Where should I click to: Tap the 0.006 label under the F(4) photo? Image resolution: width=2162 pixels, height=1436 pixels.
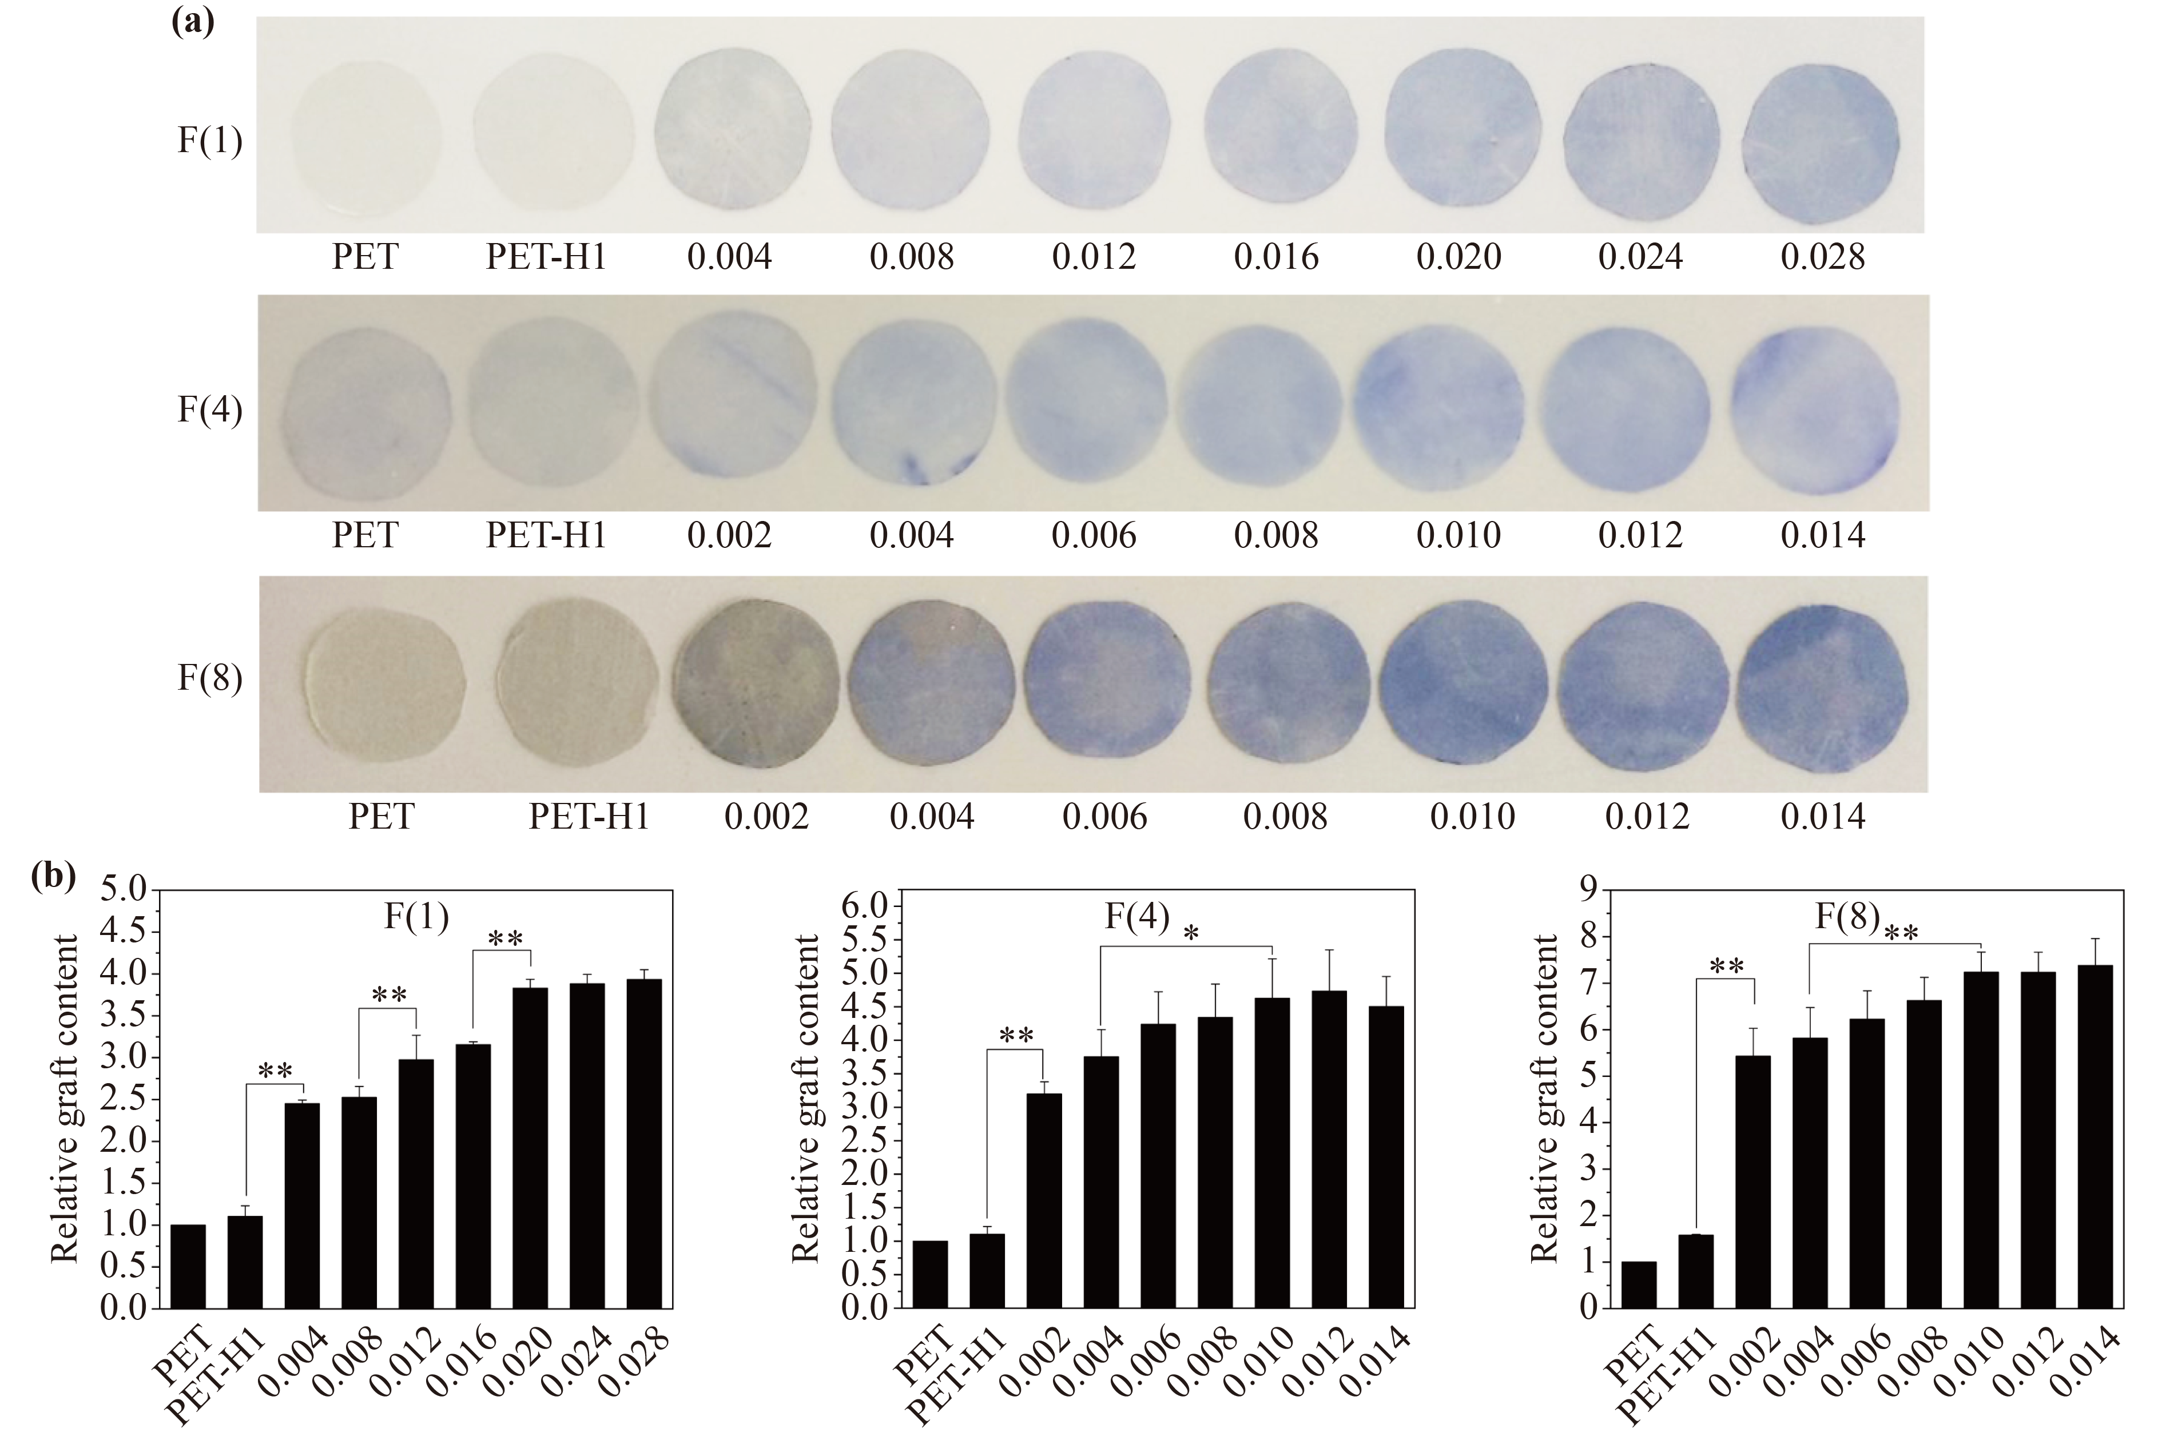[x=1094, y=535]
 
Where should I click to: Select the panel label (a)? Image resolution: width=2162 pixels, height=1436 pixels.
[x=192, y=20]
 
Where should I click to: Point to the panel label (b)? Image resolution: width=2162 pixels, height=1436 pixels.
[x=53, y=877]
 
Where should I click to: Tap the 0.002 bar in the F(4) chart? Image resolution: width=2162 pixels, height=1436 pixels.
[x=1044, y=1200]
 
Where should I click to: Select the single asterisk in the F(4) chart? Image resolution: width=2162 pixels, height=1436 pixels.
[x=1190, y=934]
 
